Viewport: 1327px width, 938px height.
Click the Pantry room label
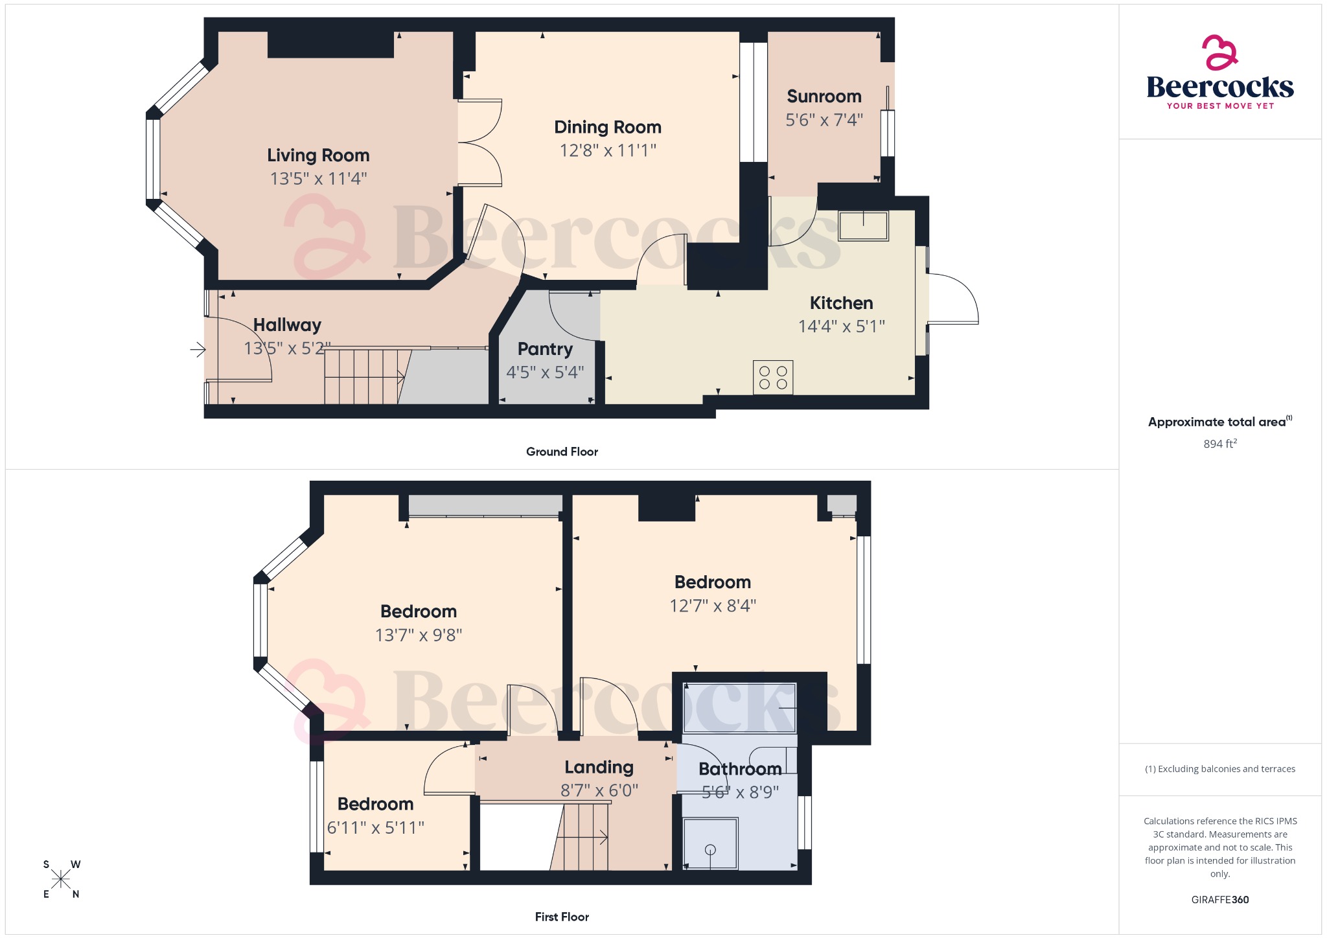pos(545,349)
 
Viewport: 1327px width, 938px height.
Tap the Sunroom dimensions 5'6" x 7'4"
pos(824,120)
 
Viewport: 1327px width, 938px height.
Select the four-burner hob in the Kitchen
pos(773,377)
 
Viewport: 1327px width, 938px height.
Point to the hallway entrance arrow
pos(198,350)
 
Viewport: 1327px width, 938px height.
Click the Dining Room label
pos(607,127)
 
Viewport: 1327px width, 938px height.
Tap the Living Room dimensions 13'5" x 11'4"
pos(318,178)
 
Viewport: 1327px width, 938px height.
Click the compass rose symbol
pos(61,879)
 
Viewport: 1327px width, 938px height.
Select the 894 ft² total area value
pos(1219,444)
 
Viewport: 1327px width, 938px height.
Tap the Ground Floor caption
pos(562,452)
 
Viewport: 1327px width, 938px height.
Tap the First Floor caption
pos(562,917)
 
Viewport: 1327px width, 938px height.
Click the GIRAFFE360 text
pos(1219,899)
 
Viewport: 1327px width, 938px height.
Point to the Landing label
pos(599,767)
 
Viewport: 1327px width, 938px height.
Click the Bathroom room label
pos(739,769)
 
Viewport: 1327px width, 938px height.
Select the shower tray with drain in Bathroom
pos(710,843)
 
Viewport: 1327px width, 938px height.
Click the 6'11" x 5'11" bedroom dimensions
pos(375,827)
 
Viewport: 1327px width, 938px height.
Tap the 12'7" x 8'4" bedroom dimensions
pos(712,606)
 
